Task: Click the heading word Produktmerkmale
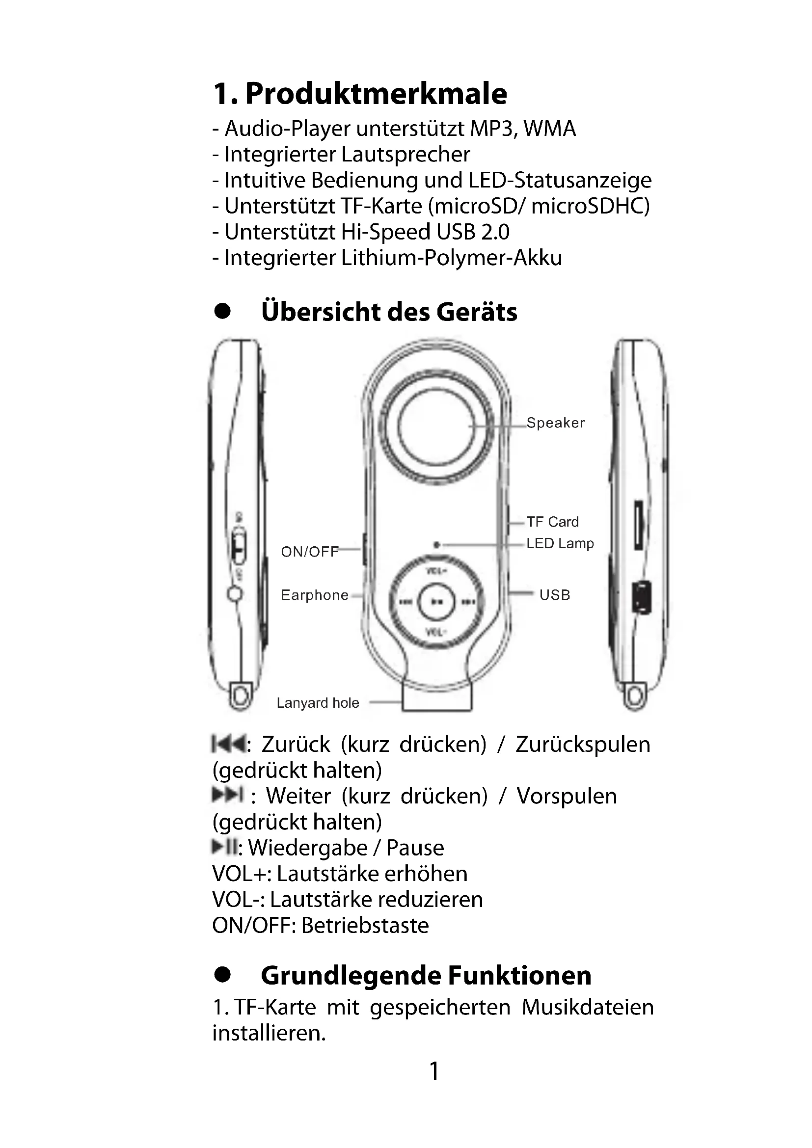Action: point(376,94)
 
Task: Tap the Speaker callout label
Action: point(555,423)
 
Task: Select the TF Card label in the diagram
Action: point(552,522)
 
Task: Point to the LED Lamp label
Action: point(560,543)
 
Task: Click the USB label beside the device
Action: point(554,595)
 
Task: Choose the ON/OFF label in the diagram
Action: point(309,552)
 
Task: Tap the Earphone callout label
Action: point(315,595)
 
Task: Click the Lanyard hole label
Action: point(318,703)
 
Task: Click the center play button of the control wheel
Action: point(436,602)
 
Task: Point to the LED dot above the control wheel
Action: point(436,544)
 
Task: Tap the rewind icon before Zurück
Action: point(228,744)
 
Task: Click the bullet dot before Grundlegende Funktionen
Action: point(222,975)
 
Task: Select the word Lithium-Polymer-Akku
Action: point(452,258)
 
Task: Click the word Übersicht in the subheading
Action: point(319,312)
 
